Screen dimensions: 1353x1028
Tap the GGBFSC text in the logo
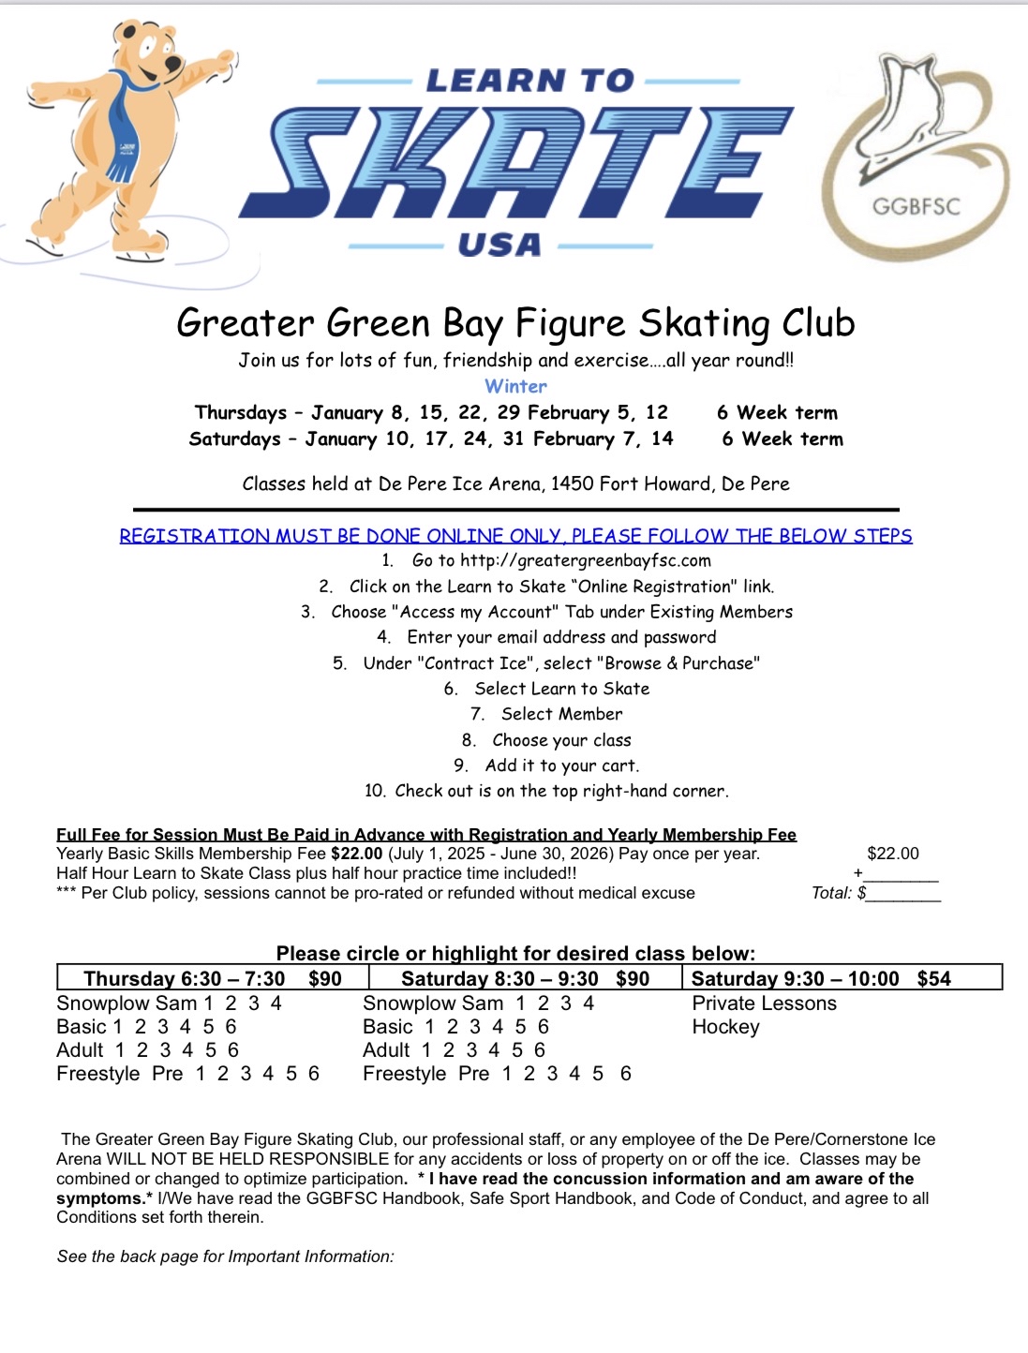tap(916, 206)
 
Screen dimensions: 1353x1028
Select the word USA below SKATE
tap(499, 245)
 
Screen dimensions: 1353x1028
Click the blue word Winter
tap(515, 386)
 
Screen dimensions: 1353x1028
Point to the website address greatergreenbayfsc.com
tap(586, 560)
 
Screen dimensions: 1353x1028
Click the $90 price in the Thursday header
tap(325, 979)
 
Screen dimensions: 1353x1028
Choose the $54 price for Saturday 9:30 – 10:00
tap(933, 979)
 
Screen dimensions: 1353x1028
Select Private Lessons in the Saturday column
tap(764, 1004)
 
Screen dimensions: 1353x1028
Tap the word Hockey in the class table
tap(725, 1027)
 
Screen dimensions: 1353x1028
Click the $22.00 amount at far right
tap(892, 854)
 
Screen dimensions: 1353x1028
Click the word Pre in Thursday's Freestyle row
tap(167, 1074)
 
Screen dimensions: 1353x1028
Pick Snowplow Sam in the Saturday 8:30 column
tap(432, 1004)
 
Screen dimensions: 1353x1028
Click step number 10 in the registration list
tap(375, 791)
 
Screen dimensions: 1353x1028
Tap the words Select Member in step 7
tap(561, 714)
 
